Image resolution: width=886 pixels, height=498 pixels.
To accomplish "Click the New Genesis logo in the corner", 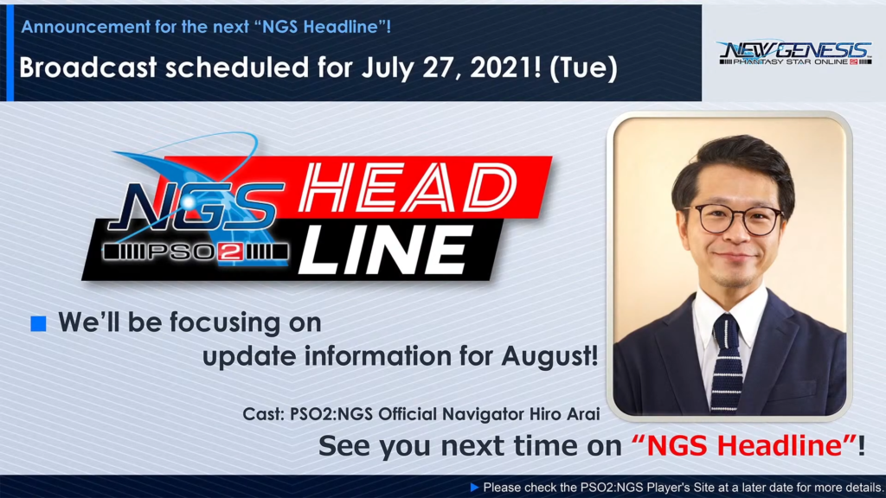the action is pos(794,53).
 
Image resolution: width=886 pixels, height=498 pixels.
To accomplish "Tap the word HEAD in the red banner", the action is pos(408,188).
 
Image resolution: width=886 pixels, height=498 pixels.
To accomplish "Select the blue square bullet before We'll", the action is pos(38,323).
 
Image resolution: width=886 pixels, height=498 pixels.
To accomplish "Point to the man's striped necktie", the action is pos(725,362).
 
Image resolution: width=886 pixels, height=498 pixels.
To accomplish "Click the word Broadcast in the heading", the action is pos(88,67).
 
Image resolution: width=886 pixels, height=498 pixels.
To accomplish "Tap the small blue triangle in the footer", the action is pos(475,487).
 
